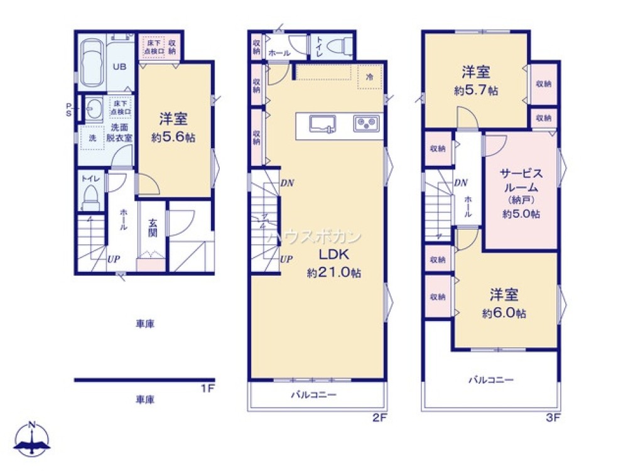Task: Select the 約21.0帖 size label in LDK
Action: coord(333,273)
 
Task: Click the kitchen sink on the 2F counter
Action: coord(323,123)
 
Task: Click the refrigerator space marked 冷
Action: coord(369,76)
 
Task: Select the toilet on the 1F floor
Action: coord(92,197)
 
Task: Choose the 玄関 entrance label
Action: coord(153,227)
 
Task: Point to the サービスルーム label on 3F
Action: coord(521,180)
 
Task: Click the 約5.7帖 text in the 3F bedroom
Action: coord(476,90)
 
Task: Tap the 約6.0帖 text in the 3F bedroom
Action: coord(504,313)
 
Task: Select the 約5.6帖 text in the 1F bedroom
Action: coord(173,138)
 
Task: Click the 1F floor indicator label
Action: coord(208,389)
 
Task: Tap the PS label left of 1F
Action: coord(69,110)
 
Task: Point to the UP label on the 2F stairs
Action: coord(286,258)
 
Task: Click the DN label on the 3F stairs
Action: coord(460,183)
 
